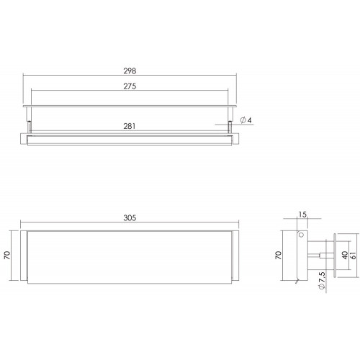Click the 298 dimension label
tap(130, 71)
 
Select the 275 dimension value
tap(130, 86)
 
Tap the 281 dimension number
tap(130, 126)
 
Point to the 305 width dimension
tap(130, 218)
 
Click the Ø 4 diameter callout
tap(246, 120)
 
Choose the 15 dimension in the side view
tap(302, 215)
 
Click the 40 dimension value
tap(345, 255)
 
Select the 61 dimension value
tap(354, 255)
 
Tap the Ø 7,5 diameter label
tap(322, 280)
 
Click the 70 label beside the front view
tap(7, 255)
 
